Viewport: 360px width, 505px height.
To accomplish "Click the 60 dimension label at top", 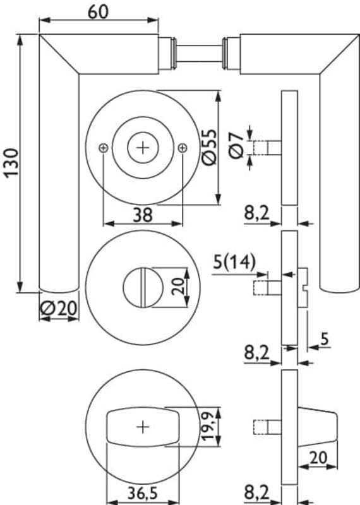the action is [x=99, y=11].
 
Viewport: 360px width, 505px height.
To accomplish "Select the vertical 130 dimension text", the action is [x=12, y=163].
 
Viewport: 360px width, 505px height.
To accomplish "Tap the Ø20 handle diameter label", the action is [x=59, y=308].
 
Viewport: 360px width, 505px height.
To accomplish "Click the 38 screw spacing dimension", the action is [x=143, y=215].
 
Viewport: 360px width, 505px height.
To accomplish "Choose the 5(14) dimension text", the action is [x=234, y=262].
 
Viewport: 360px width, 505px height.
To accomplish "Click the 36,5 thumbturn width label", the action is [x=143, y=493].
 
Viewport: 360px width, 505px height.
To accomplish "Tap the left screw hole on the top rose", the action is [x=104, y=148].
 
